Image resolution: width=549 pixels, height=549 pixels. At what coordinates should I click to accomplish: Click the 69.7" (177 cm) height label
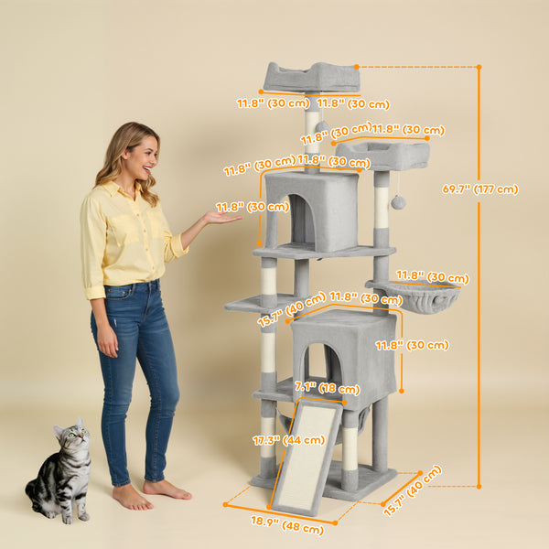click(479, 189)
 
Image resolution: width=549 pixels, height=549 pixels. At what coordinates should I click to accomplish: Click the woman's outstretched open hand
click(221, 217)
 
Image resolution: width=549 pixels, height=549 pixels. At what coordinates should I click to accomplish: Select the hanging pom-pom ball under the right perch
click(398, 201)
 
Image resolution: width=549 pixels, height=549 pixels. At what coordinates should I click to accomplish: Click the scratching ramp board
click(307, 457)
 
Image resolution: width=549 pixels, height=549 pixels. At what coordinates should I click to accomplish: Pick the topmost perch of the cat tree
click(311, 77)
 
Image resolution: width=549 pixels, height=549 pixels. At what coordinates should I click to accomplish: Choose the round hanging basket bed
click(422, 297)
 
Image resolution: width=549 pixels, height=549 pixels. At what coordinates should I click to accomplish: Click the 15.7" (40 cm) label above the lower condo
click(292, 308)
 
